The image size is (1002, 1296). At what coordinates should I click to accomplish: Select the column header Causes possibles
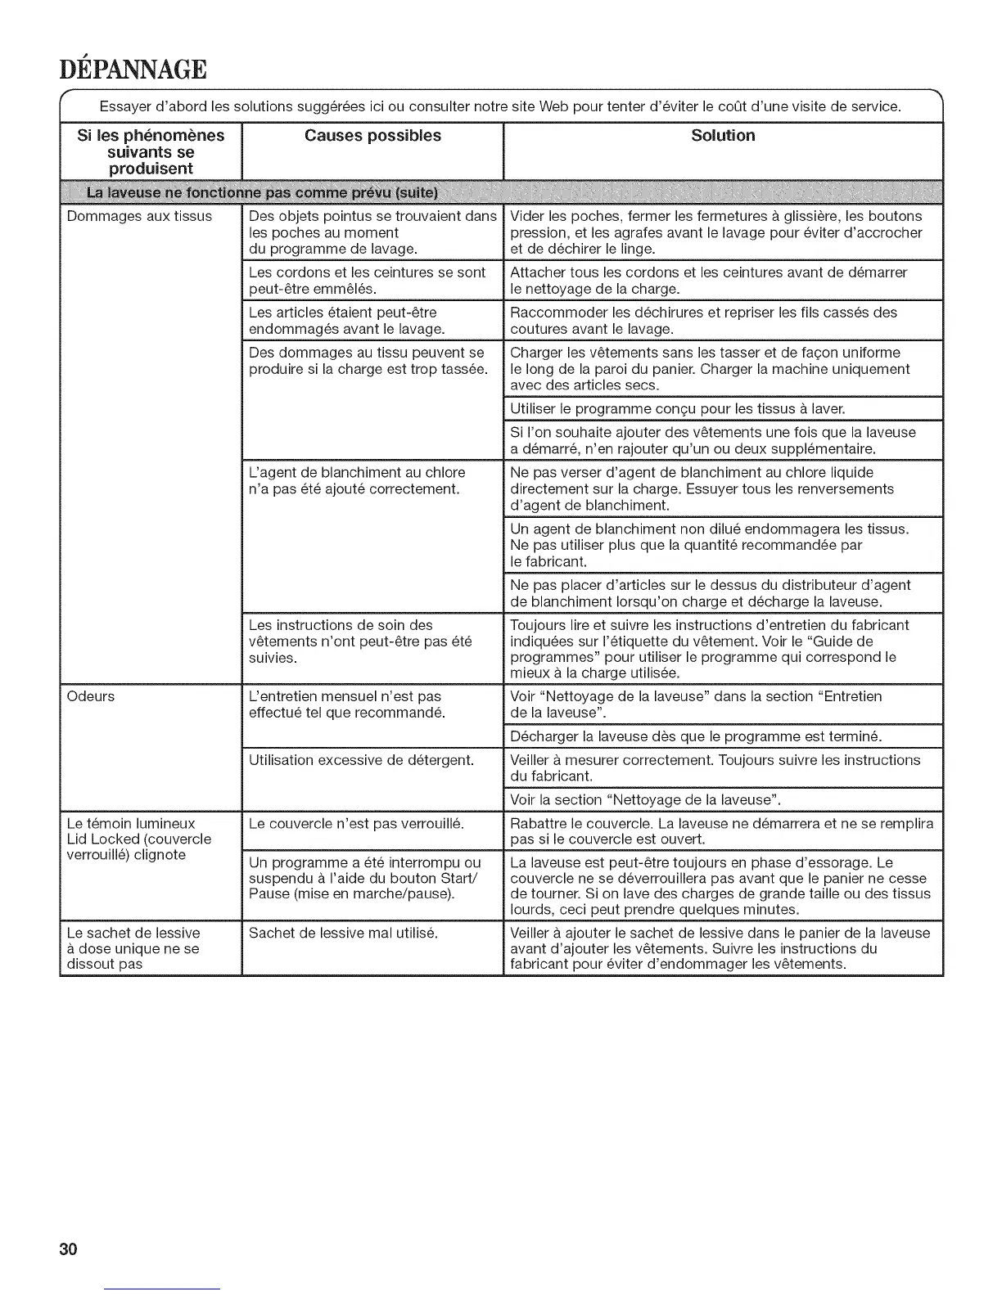372,136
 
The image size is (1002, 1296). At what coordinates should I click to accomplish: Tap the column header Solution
723,136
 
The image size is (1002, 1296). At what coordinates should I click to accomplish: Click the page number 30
68,1249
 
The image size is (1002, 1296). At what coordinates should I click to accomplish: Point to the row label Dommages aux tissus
139,217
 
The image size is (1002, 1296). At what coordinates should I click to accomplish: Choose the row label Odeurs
92,697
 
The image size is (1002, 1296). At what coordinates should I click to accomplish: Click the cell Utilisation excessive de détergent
361,760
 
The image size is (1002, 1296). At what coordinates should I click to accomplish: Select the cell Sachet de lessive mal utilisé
343,933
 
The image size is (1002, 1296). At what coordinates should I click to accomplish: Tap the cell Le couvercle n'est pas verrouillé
356,823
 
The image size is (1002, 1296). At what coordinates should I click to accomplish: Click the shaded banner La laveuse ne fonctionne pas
262,193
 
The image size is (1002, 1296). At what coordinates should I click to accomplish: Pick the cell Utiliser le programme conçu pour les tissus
678,408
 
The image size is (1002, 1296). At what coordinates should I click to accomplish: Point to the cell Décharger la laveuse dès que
696,736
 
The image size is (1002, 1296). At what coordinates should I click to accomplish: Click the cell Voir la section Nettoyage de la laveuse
645,799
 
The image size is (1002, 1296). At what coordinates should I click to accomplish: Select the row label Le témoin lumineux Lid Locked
138,839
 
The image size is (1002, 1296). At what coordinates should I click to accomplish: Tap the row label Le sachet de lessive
133,948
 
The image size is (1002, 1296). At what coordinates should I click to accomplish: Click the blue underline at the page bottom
163,1289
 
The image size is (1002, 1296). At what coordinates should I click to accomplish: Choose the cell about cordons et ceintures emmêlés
367,281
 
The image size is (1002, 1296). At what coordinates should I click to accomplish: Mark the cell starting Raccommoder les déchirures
703,321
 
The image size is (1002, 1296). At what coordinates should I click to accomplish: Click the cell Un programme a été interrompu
364,878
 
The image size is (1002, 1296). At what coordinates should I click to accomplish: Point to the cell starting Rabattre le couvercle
721,831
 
